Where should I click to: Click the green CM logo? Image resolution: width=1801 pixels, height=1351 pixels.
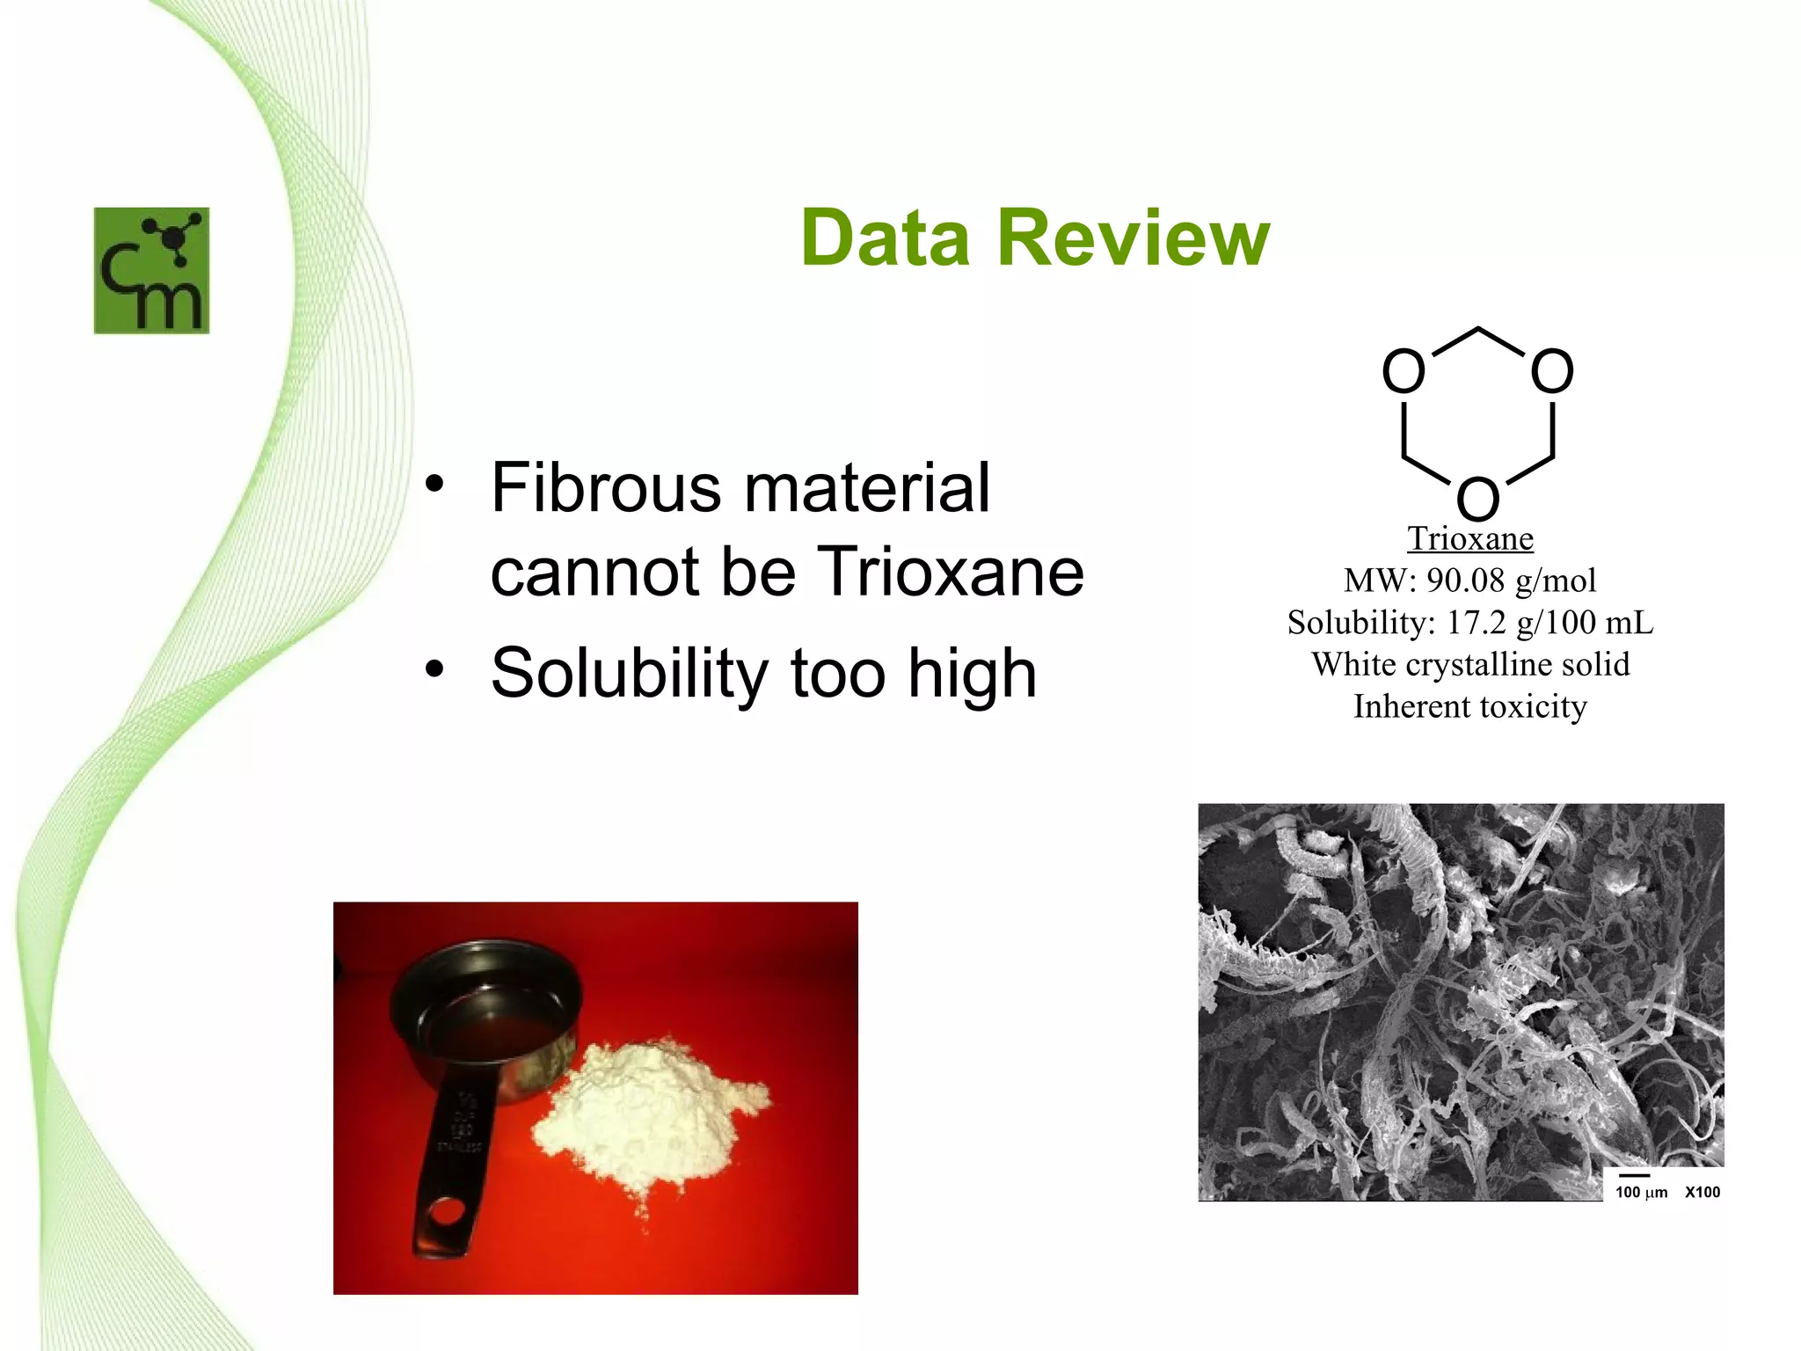coord(151,270)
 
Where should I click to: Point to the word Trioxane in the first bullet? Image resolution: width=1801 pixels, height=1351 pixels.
coord(952,572)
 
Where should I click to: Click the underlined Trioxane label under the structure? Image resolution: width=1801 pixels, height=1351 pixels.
coord(1469,538)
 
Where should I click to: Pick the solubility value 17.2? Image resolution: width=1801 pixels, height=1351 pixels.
coord(1477,623)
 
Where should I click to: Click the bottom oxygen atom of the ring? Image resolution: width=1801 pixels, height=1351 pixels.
coord(1477,499)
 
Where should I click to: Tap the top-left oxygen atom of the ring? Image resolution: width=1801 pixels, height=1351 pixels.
coord(1404,370)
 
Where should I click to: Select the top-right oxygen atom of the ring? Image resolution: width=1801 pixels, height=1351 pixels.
coord(1552,370)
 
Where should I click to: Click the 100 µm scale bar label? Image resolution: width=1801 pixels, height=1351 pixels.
coord(1641,1192)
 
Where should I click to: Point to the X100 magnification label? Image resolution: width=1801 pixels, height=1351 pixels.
coord(1703,1192)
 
